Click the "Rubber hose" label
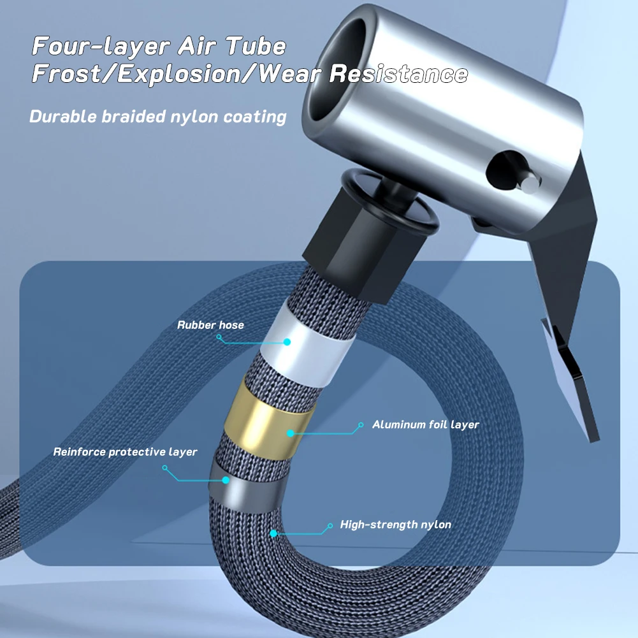[x=210, y=325]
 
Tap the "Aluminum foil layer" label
[x=425, y=424]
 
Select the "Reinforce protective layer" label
[x=125, y=452]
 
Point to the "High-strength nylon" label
[x=395, y=525]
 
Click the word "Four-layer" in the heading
[x=100, y=47]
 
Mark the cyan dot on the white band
[x=287, y=342]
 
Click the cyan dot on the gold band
[x=291, y=433]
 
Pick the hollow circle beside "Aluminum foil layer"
[x=360, y=424]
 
